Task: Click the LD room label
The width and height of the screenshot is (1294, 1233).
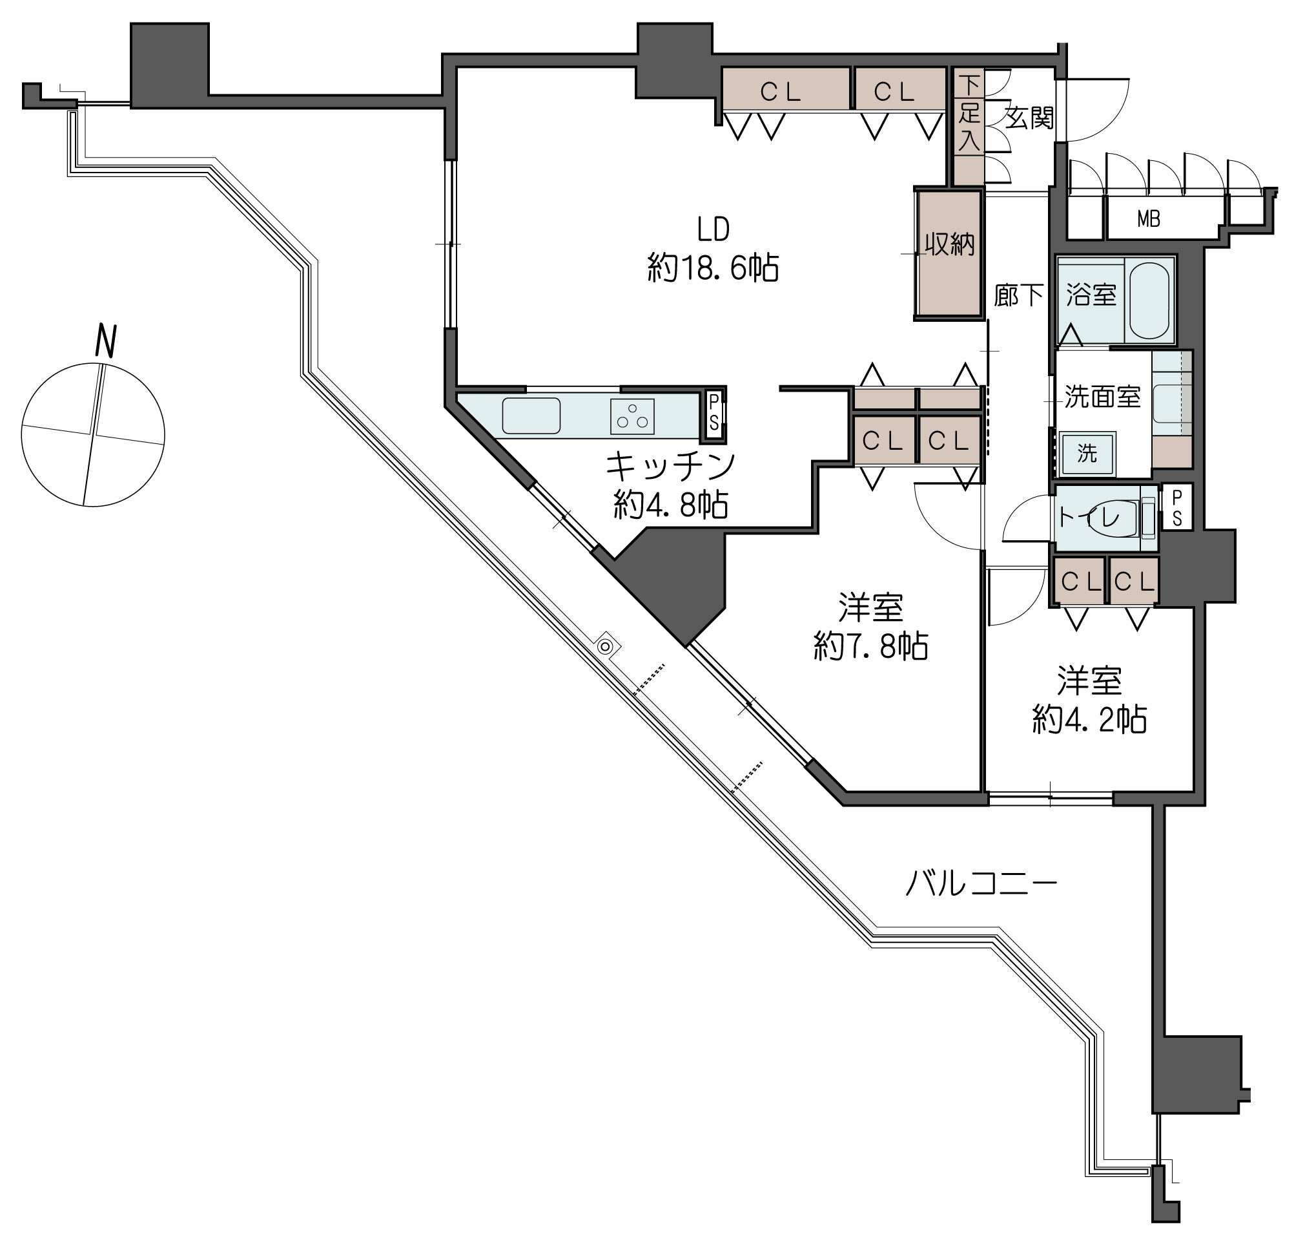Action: [x=713, y=229]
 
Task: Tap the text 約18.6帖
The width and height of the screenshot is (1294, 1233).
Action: [x=714, y=268]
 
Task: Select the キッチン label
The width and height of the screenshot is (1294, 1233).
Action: [x=670, y=466]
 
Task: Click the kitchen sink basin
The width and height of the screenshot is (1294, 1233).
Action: [x=531, y=416]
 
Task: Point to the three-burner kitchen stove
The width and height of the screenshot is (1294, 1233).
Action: [x=632, y=416]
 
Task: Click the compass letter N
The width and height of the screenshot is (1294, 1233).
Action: [x=106, y=341]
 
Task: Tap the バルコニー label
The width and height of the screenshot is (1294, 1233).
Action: [x=981, y=883]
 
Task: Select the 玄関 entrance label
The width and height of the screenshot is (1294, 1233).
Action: [x=1029, y=118]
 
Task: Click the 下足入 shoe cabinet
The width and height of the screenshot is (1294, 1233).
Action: [x=968, y=125]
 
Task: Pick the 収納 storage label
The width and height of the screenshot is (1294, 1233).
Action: [x=950, y=244]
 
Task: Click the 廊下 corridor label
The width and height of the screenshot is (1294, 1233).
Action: [x=1018, y=296]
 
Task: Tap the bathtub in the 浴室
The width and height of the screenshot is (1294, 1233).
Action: [x=1149, y=300]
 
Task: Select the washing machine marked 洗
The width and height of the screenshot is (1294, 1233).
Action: [x=1087, y=453]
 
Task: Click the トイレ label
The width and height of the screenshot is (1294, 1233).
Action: [x=1089, y=518]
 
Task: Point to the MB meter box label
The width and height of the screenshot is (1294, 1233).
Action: [x=1149, y=220]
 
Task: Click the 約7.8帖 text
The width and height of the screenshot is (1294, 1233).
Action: [x=870, y=646]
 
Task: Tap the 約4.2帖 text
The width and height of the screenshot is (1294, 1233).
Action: [x=1090, y=720]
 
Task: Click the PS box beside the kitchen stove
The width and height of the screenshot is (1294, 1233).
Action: [x=714, y=412]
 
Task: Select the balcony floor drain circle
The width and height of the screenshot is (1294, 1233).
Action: [x=606, y=648]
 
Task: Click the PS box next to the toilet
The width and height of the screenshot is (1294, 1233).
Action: [x=1176, y=507]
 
